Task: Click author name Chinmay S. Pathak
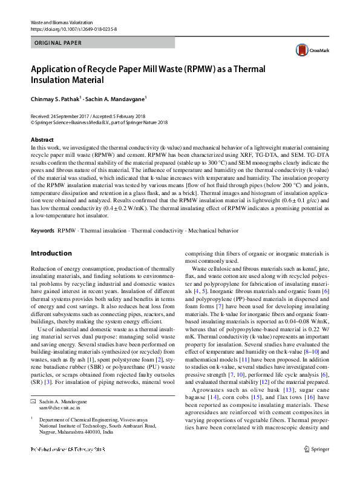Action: coord(56,98)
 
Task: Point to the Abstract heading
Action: coord(42,139)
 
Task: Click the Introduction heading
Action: coord(51,253)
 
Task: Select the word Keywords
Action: coord(43,231)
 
